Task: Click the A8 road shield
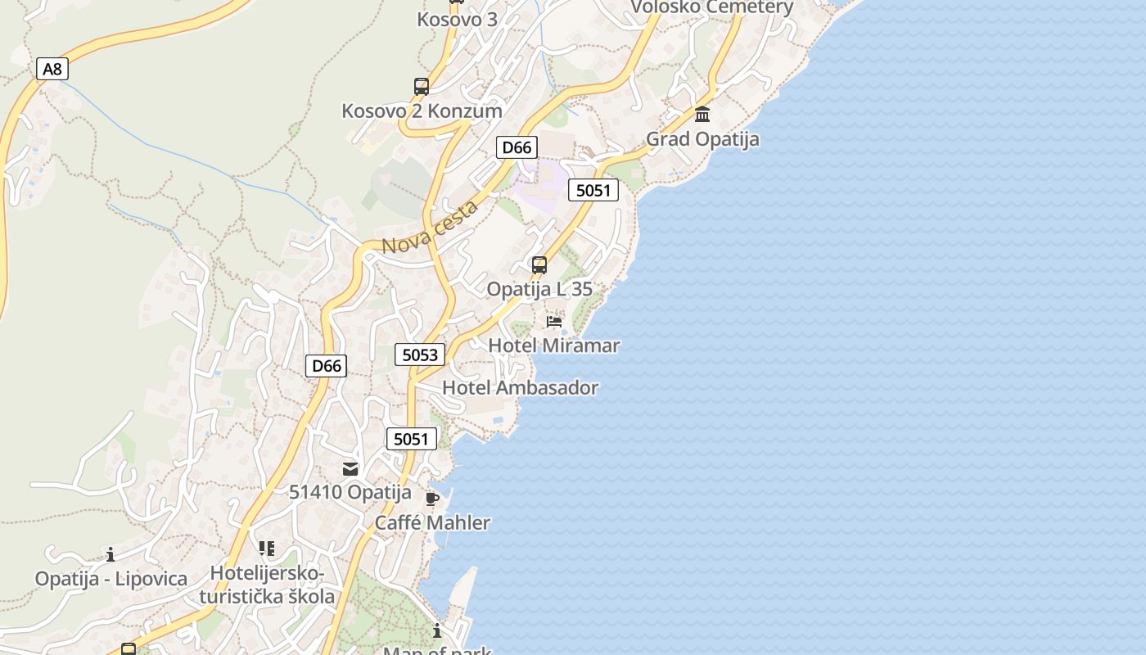click(52, 69)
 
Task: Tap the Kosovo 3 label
click(457, 19)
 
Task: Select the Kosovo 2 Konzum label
click(422, 111)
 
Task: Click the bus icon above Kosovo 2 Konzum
click(422, 87)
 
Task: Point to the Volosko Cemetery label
click(711, 8)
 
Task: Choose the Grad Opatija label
click(702, 139)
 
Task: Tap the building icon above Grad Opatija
click(702, 115)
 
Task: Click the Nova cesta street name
click(430, 228)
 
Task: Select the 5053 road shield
click(420, 355)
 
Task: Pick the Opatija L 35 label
click(539, 289)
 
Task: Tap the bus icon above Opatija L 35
click(539, 265)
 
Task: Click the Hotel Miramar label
click(554, 346)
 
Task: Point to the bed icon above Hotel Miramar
click(554, 322)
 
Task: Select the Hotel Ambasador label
click(521, 388)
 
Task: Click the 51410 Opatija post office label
click(350, 492)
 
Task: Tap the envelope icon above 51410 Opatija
click(350, 469)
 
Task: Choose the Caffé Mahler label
click(432, 522)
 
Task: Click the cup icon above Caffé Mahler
click(432, 499)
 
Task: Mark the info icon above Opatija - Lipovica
click(111, 555)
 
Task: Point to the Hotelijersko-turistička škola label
click(267, 585)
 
